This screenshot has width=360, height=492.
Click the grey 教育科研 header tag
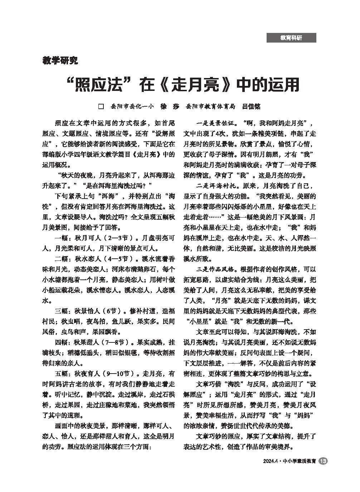pos(291,38)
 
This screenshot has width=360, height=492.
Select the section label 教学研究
pos(60,60)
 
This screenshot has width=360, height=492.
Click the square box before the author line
pos(101,106)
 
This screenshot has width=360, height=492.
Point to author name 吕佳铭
pos(252,106)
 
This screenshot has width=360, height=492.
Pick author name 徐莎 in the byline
pos(170,106)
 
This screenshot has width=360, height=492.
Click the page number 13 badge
pos(323,461)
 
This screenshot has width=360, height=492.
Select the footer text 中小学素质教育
pos(299,462)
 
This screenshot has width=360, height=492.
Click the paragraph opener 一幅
pos(61,238)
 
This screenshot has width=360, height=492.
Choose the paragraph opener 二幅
pos(61,258)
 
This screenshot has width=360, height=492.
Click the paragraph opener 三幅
pos(61,311)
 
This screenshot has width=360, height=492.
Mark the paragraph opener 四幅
pos(61,342)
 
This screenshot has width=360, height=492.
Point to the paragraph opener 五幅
pos(61,373)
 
